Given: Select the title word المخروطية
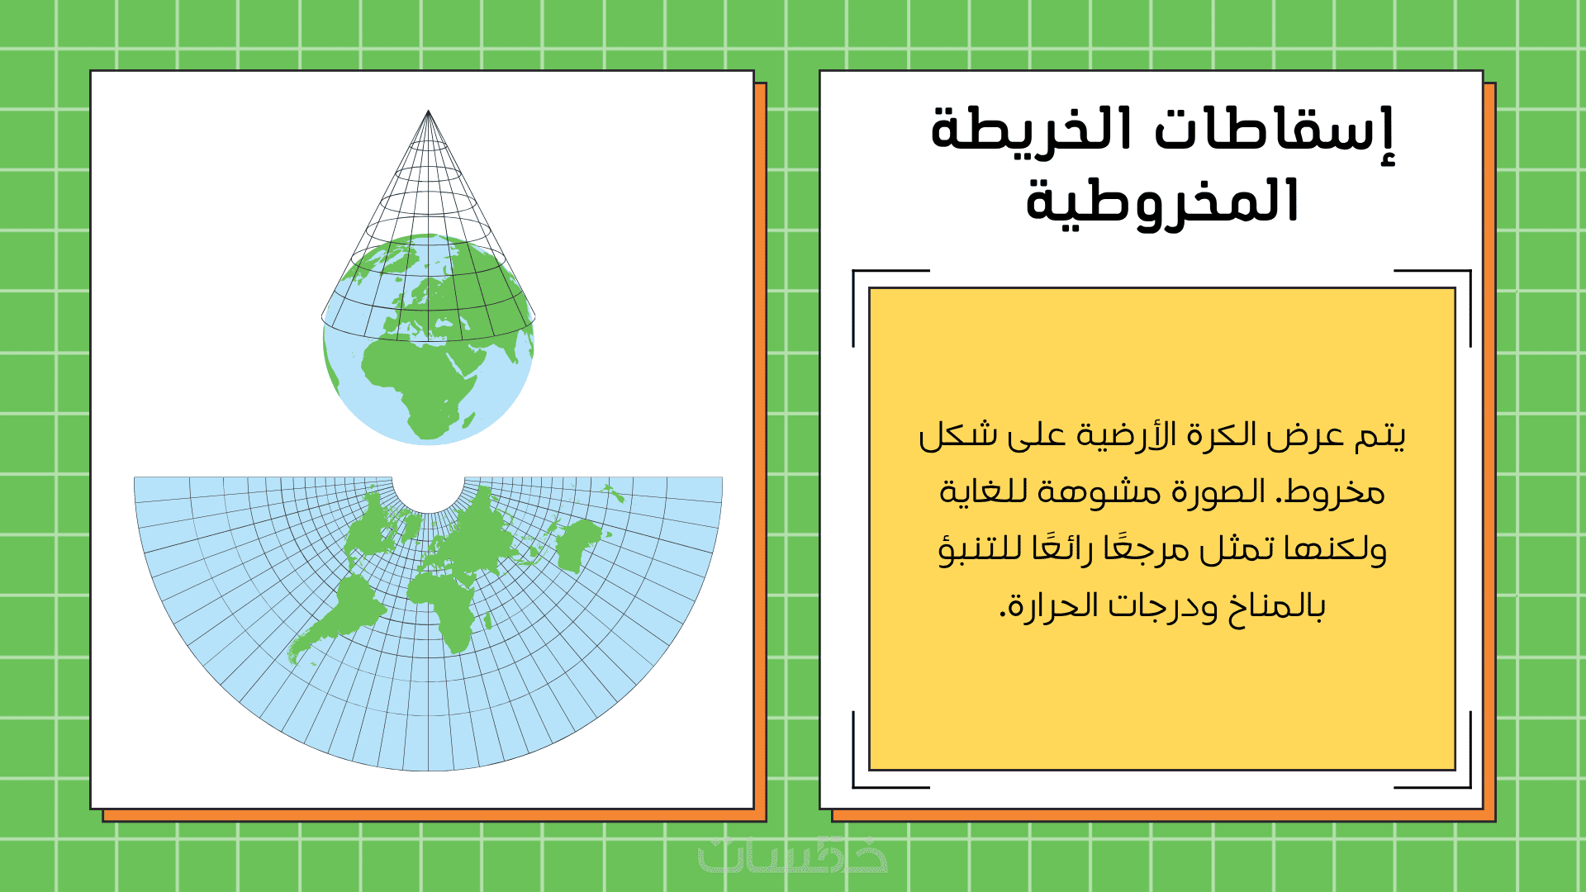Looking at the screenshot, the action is point(1162,202).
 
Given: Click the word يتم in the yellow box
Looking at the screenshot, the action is point(1379,435).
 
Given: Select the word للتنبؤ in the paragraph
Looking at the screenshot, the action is point(980,548).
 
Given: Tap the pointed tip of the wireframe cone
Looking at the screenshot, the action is point(428,111).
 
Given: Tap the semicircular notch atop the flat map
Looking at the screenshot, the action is point(428,505).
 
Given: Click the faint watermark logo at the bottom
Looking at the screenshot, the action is point(793,855).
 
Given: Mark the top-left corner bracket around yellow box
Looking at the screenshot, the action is point(854,271).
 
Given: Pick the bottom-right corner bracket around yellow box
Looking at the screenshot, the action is point(1470,786).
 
